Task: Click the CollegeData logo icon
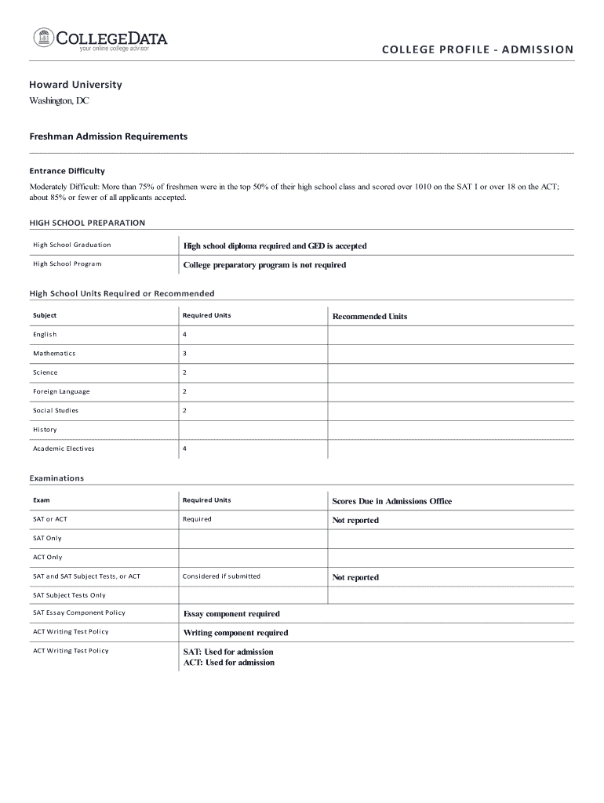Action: tap(44, 38)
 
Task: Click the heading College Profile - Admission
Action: tap(478, 50)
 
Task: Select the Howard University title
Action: tap(75, 85)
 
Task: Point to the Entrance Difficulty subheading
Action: tap(67, 170)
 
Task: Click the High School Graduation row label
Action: tap(71, 245)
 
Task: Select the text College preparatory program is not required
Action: tap(264, 265)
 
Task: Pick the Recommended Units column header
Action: tap(369, 317)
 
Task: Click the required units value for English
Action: tap(184, 334)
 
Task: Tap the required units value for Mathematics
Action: tap(184, 354)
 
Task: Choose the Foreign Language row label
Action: tap(61, 391)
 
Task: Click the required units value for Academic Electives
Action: tap(184, 449)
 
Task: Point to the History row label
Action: tap(45, 430)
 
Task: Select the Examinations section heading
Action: tap(56, 478)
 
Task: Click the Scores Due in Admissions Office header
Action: tap(391, 501)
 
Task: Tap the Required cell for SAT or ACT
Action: tap(197, 519)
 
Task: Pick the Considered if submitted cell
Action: tap(221, 576)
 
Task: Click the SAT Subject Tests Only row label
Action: tap(69, 595)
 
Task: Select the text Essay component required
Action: tap(231, 614)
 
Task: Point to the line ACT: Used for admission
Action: tap(228, 663)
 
